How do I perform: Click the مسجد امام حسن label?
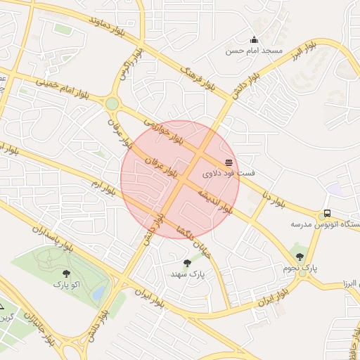pyautogui.click(x=254, y=51)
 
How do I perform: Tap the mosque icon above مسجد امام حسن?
pyautogui.click(x=254, y=39)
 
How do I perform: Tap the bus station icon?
pyautogui.click(x=327, y=214)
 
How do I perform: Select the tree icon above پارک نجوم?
pyautogui.click(x=301, y=257)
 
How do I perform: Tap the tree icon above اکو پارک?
pyautogui.click(x=67, y=273)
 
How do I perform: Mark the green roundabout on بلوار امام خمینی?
pyautogui.click(x=112, y=104)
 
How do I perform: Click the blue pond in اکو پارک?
pyautogui.click(x=100, y=291)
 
